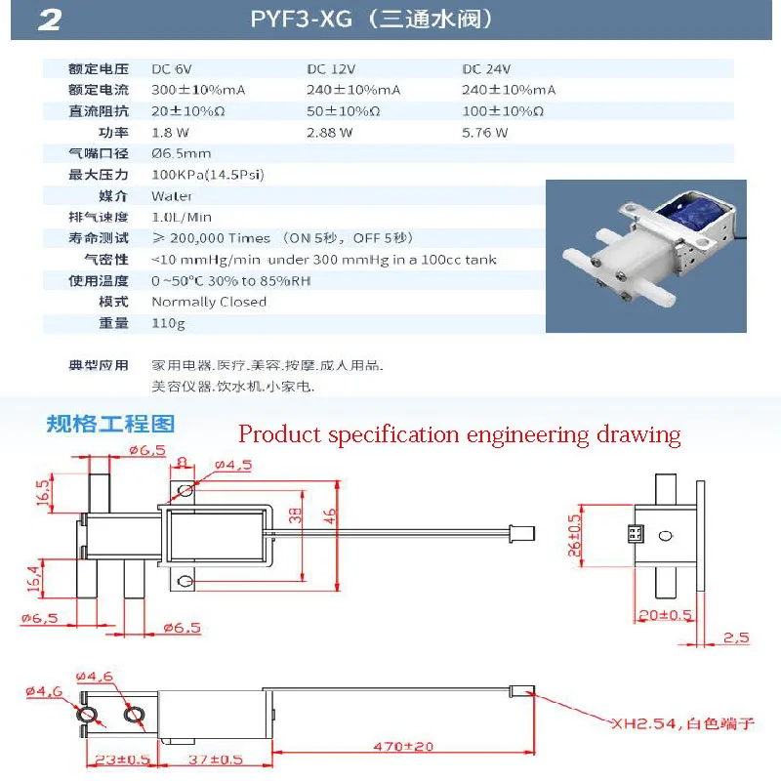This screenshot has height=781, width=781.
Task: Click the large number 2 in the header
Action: [49, 21]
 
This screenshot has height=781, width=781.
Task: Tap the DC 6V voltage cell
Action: [172, 69]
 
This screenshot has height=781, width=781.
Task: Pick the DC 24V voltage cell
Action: [486, 69]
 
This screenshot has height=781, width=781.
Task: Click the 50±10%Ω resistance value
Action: [342, 111]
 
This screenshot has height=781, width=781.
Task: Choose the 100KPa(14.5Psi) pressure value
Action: [208, 175]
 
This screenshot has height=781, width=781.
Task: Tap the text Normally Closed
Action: [209, 302]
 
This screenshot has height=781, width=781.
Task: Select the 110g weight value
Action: [168, 323]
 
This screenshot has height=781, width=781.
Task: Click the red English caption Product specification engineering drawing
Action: [459, 434]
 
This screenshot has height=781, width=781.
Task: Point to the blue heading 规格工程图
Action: [110, 425]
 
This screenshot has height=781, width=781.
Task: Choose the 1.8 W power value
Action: [170, 133]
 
